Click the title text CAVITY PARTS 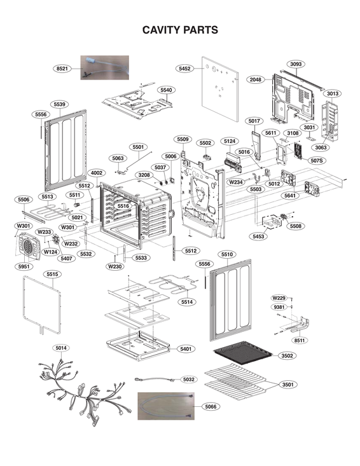180,30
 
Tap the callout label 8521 62,68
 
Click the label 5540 166,90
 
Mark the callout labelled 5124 230,141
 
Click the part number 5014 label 61,348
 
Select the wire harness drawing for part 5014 83,388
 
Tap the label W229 279,298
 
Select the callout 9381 279,307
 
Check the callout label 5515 53,274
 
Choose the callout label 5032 188,380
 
